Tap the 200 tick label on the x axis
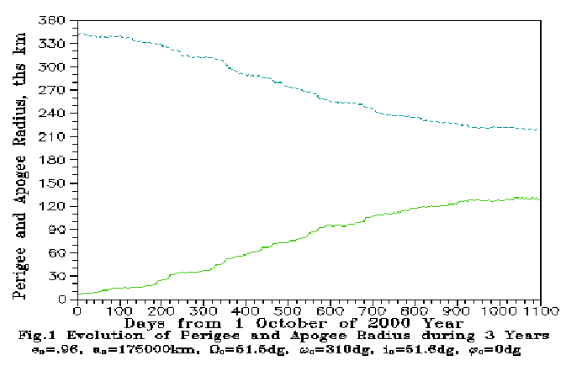(x=161, y=310)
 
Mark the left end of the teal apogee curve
(x=78, y=34)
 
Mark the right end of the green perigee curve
(x=539, y=199)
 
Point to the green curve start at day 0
(x=78, y=294)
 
